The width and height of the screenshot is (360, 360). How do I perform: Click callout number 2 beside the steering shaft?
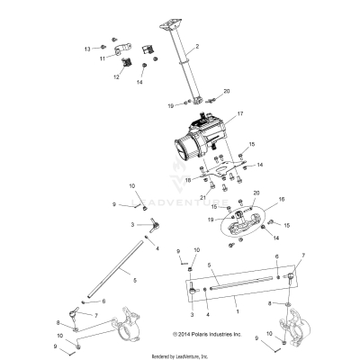click(196, 44)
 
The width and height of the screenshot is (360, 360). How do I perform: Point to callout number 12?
click(115, 77)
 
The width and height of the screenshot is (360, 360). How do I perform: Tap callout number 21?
click(204, 196)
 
